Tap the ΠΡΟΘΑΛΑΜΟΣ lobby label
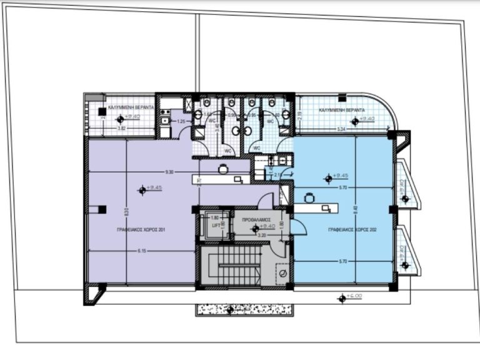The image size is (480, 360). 256,220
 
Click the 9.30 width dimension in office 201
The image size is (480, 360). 169,172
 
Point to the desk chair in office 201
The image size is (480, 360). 222,168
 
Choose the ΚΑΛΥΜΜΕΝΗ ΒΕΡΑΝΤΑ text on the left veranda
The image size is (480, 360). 131,108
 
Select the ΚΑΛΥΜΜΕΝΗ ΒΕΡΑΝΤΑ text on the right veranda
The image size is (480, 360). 342,110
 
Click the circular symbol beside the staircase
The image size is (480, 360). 282,273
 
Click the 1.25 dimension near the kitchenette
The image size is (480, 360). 181,121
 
